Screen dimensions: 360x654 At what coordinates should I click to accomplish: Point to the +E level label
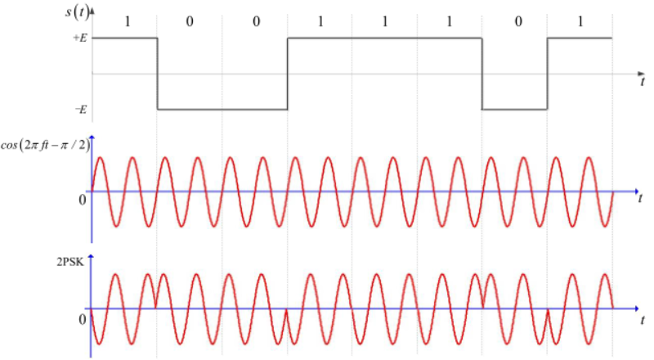(80, 38)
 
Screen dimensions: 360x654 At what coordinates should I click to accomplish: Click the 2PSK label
(68, 264)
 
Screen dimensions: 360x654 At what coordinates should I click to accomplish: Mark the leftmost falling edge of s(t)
(157, 74)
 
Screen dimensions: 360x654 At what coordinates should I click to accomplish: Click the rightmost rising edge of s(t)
(547, 74)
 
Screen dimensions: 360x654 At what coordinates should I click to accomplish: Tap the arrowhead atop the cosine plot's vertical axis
(92, 138)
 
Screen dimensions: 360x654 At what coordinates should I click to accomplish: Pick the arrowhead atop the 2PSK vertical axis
(92, 258)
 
